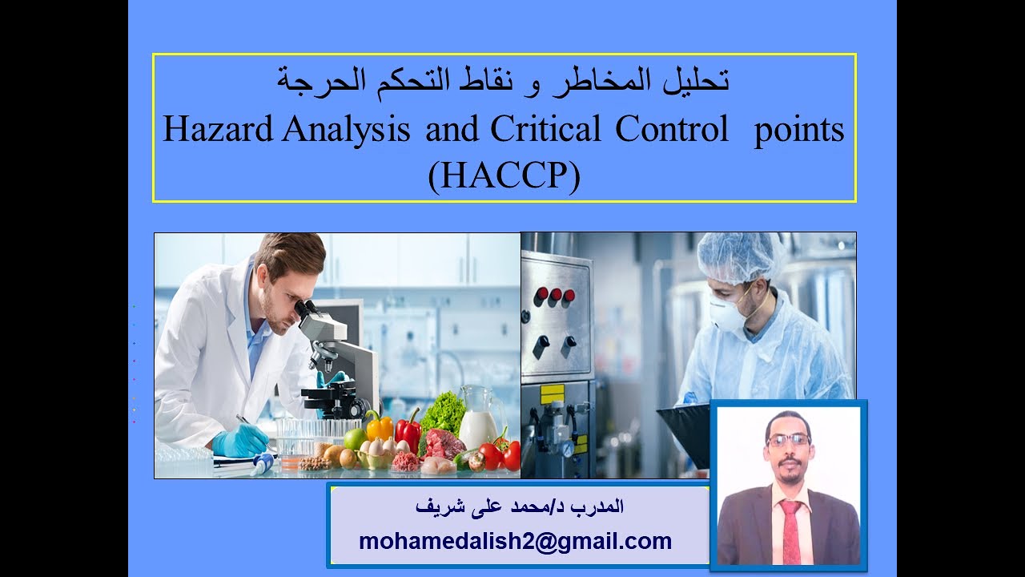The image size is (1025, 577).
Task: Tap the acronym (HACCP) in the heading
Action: click(x=503, y=177)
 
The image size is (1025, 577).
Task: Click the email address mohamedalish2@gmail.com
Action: click(x=516, y=541)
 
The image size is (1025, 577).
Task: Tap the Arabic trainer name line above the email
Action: click(x=521, y=506)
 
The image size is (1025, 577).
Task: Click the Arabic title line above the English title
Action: click(x=504, y=80)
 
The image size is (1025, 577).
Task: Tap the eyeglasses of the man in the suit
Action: click(x=788, y=439)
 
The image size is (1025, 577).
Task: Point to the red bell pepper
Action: click(x=408, y=433)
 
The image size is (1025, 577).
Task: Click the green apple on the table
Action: click(x=354, y=439)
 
